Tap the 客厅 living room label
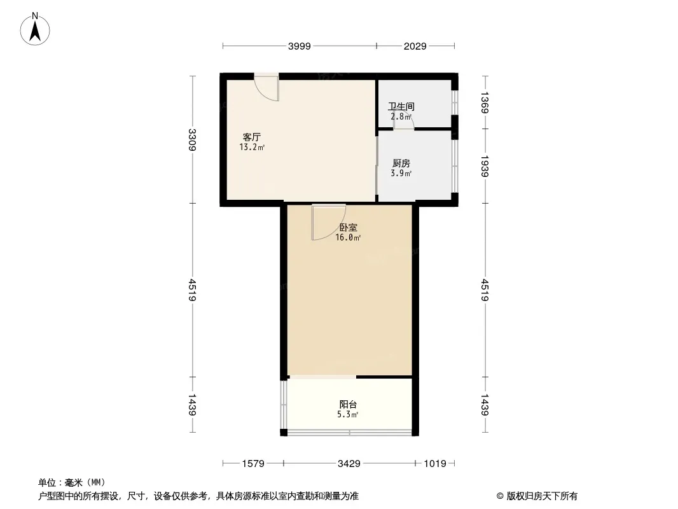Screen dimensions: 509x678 pyautogui.click(x=252, y=137)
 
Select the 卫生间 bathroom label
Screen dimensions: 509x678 pyautogui.click(x=401, y=107)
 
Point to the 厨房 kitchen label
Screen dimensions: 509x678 pyautogui.click(x=401, y=163)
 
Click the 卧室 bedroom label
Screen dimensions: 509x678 pyautogui.click(x=348, y=227)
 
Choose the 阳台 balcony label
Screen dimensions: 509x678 pyautogui.click(x=348, y=405)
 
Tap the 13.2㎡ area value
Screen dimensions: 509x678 pyautogui.click(x=252, y=148)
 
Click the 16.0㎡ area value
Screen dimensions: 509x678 pyautogui.click(x=349, y=238)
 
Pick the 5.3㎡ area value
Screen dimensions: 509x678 pyautogui.click(x=348, y=415)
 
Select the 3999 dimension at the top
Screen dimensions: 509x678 pyautogui.click(x=300, y=46)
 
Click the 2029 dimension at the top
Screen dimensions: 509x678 pyautogui.click(x=415, y=46)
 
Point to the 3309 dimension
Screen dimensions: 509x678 pyautogui.click(x=193, y=140)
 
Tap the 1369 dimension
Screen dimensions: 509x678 pyautogui.click(x=485, y=103)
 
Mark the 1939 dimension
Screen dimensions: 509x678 pyautogui.click(x=485, y=166)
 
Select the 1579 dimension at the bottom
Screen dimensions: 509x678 pyautogui.click(x=253, y=464)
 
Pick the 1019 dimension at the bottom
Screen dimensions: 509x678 pyautogui.click(x=435, y=464)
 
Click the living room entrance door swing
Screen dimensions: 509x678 pyautogui.click(x=268, y=88)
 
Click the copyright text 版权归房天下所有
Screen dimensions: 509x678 pyautogui.click(x=537, y=496)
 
